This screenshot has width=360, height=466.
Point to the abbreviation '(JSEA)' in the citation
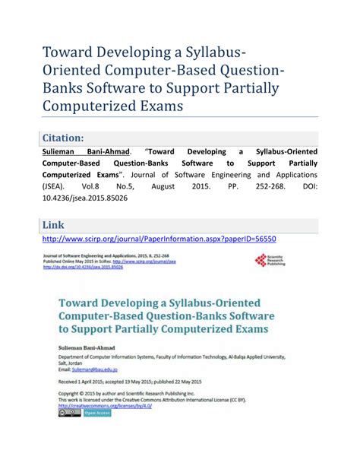(x=56, y=183)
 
